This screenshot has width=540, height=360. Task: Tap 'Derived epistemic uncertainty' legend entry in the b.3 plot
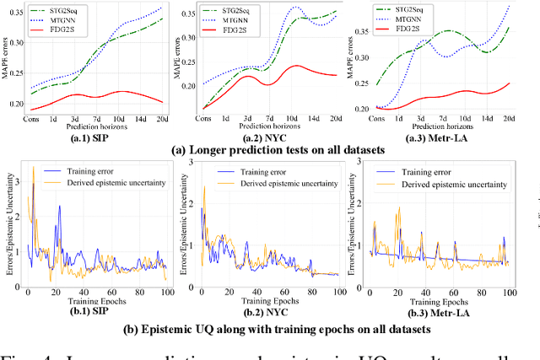pyautogui.click(x=453, y=183)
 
